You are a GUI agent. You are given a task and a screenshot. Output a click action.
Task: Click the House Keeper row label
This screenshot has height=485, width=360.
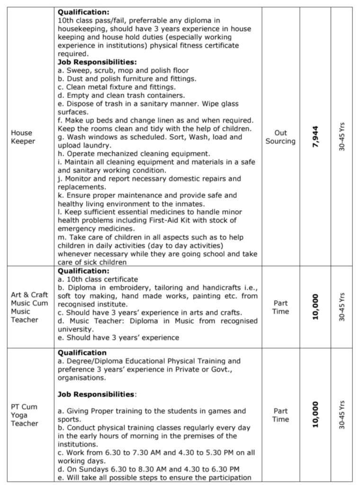(x=22, y=137)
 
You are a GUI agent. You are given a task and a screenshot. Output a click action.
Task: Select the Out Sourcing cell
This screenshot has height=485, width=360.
(x=280, y=137)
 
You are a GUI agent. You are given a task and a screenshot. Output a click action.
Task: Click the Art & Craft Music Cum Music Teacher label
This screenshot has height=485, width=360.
(x=29, y=307)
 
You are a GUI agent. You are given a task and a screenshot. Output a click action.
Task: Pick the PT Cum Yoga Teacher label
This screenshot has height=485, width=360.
(x=25, y=415)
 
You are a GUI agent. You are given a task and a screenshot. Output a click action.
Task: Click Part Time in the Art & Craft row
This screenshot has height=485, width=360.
(x=280, y=307)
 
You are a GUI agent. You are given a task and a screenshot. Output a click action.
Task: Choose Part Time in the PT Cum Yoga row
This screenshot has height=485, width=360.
(x=280, y=415)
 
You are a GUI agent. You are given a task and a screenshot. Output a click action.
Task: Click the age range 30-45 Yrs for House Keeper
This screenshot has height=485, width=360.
(x=342, y=136)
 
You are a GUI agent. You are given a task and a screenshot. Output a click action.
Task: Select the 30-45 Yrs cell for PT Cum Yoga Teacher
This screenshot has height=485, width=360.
(x=342, y=415)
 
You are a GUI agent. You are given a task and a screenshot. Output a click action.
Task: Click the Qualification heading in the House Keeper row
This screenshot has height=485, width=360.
(x=83, y=13)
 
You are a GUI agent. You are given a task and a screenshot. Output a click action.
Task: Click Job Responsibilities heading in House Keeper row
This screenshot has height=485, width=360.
(x=97, y=62)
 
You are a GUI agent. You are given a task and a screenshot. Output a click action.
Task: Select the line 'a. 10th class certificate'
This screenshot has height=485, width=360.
(x=98, y=279)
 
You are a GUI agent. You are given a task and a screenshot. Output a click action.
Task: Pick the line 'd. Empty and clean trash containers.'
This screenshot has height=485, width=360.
(x=121, y=95)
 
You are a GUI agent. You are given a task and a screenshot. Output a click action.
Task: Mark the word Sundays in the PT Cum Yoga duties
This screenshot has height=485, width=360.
(x=89, y=469)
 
